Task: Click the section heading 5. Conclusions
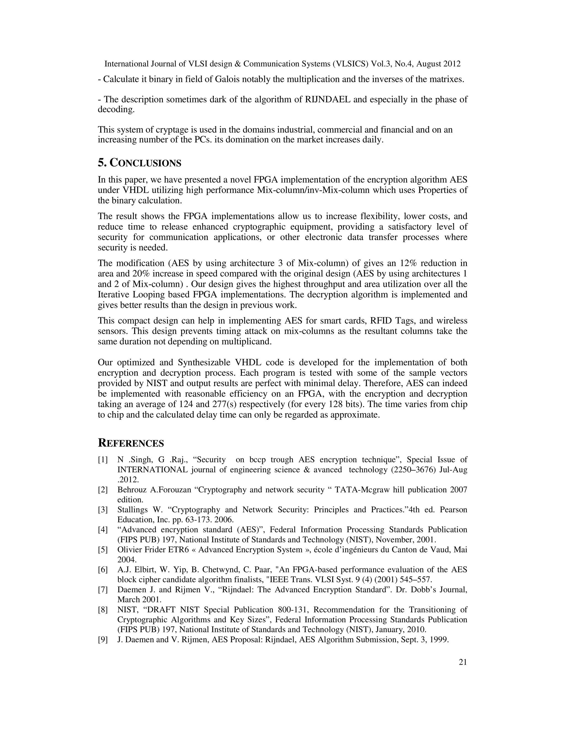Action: [140, 163]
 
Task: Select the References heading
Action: [131, 443]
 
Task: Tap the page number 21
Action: [463, 662]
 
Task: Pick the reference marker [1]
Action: [103, 460]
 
